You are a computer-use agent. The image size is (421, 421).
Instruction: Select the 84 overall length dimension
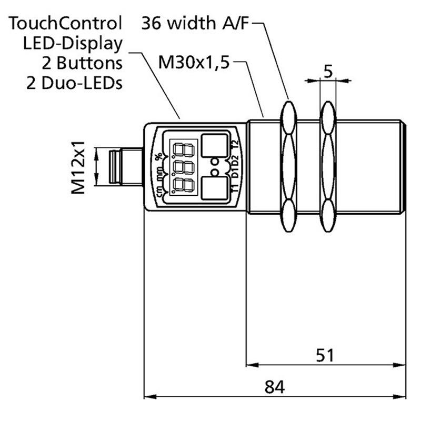point(274,388)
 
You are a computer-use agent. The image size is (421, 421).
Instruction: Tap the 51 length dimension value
point(326,355)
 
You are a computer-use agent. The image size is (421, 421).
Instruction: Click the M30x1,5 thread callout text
point(195,64)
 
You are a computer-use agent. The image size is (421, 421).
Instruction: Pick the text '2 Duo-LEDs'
point(74,83)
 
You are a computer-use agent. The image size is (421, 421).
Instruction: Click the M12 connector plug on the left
point(123,167)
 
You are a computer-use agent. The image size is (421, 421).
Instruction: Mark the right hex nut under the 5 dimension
point(327,167)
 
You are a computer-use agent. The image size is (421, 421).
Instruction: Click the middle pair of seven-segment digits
point(179,168)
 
